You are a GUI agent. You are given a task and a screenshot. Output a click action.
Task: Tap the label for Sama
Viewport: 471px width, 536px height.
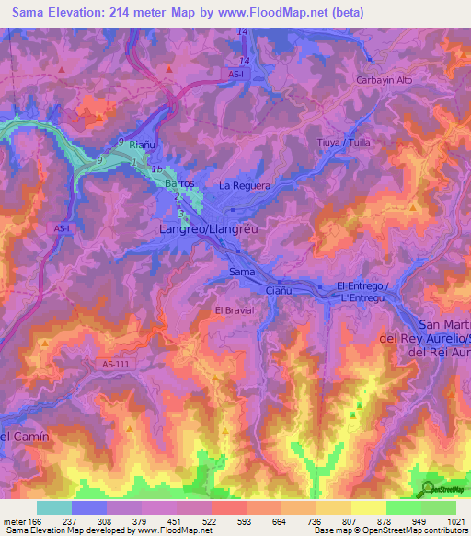(242, 273)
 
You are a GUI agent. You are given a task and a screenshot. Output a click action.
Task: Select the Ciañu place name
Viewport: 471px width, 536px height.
(278, 290)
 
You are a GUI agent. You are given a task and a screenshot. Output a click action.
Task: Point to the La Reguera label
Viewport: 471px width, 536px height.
(245, 185)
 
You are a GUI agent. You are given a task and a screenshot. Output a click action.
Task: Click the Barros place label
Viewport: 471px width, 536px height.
(179, 183)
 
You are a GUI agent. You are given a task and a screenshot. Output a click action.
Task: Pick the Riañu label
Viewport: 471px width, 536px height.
(142, 145)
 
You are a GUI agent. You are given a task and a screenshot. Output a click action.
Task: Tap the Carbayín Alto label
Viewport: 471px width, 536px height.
(388, 80)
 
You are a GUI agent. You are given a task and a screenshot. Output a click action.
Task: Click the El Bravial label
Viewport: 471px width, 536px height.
(234, 310)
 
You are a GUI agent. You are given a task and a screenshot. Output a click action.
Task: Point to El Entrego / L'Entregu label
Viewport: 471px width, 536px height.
(366, 291)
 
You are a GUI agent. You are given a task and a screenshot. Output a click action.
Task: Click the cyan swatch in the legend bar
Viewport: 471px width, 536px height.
(54, 507)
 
